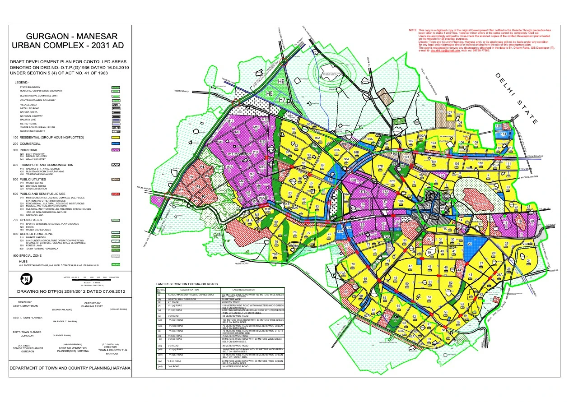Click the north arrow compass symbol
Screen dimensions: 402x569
[27, 280]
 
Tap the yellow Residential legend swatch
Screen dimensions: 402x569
[115, 137]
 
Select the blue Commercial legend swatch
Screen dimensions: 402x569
[115, 143]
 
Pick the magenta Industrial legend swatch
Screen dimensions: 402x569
[115, 149]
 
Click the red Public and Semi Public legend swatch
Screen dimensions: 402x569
[115, 193]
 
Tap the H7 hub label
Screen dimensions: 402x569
[283, 100]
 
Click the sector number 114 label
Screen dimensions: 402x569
[503, 134]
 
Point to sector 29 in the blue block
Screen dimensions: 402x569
[470, 244]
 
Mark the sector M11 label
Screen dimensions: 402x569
[230, 121]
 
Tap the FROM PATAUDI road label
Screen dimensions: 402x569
[182, 91]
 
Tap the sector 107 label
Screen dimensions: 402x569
[449, 112]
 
